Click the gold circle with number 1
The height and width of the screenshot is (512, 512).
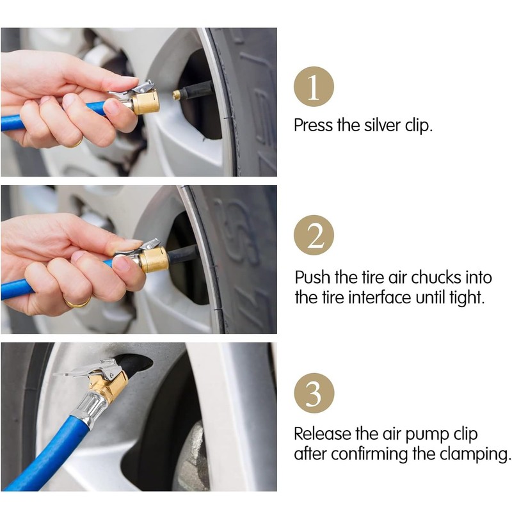click(x=314, y=86)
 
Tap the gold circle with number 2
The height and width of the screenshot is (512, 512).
click(x=314, y=235)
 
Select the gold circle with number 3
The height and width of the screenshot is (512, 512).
click(x=314, y=393)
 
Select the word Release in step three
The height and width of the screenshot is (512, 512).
click(x=323, y=434)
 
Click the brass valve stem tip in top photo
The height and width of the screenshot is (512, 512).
click(x=177, y=95)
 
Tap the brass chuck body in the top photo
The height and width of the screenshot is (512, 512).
click(x=146, y=102)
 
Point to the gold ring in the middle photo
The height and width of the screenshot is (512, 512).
click(x=77, y=303)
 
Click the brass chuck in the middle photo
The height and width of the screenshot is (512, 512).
click(x=154, y=260)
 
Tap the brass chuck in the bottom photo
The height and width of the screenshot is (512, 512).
click(x=109, y=385)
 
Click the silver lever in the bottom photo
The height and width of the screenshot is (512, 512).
click(x=86, y=369)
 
